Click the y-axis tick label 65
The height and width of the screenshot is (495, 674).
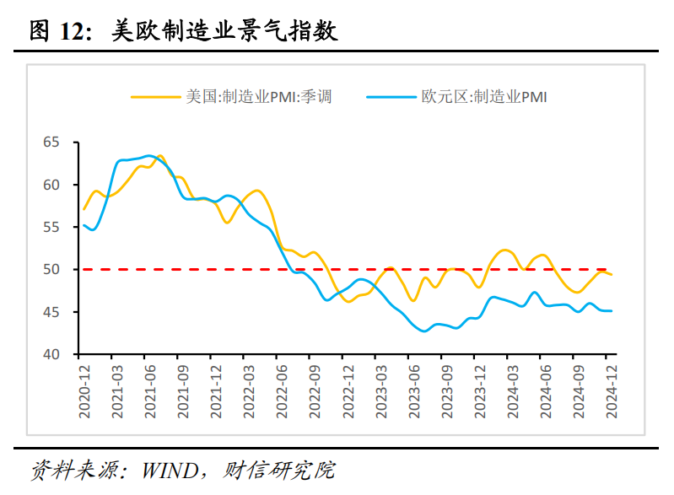coord(51,142)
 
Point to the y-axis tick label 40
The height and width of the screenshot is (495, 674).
coord(51,354)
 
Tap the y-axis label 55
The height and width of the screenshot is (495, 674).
coord(51,227)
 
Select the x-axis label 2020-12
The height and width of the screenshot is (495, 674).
coord(84,392)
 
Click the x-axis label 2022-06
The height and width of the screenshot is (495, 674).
coord(282,392)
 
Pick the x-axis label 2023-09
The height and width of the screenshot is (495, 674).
coord(447,392)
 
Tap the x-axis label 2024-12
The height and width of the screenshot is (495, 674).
coord(612,392)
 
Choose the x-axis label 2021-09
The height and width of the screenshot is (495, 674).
coord(183,392)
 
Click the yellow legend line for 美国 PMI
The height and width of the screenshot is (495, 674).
coord(155,97)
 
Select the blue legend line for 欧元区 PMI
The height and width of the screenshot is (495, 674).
coord(391,97)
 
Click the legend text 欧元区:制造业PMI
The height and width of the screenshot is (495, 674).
coord(484,97)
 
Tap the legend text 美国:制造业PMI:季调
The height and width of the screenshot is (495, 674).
coord(259,97)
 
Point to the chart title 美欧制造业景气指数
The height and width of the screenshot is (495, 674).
coord(224,31)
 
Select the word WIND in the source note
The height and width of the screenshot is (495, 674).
coord(170,471)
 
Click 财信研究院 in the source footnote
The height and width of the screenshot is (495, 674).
coord(278,470)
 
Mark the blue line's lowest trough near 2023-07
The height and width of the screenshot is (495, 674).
coord(424,331)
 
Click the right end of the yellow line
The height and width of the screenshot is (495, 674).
coord(612,275)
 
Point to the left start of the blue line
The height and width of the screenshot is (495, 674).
coord(84,225)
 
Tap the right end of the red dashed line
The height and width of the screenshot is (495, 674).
coord(607,269)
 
